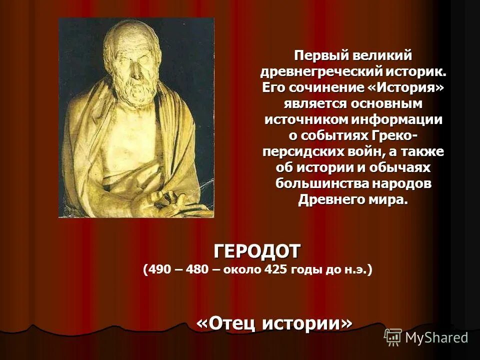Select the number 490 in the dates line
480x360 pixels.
coord(158,270)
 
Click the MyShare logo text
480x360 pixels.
coord(436,337)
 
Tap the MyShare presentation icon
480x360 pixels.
coord(393,337)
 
